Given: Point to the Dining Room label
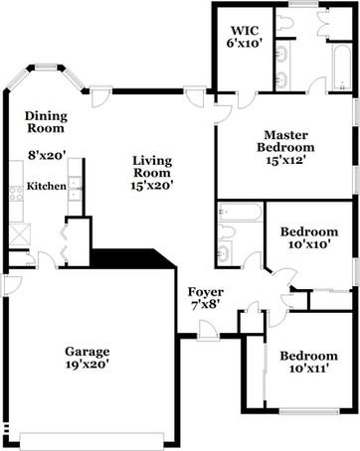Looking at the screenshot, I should point(45,121).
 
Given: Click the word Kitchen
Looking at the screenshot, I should point(46,186).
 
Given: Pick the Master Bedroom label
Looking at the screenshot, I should point(289,140).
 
